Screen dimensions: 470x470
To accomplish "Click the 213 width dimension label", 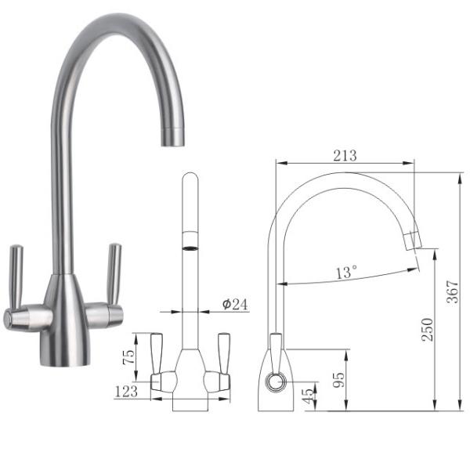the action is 345,156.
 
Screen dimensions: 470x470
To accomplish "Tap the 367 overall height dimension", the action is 453,292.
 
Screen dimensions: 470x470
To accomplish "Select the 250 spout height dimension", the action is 428,330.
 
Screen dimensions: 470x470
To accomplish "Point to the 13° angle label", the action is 346,272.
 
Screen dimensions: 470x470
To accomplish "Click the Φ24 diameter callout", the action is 235,305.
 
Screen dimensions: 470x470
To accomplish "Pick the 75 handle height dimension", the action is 129,357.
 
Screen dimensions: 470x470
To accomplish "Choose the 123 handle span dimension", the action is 126,392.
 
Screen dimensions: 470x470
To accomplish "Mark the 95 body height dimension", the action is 339,380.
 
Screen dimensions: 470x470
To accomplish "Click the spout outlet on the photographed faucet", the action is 172,138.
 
